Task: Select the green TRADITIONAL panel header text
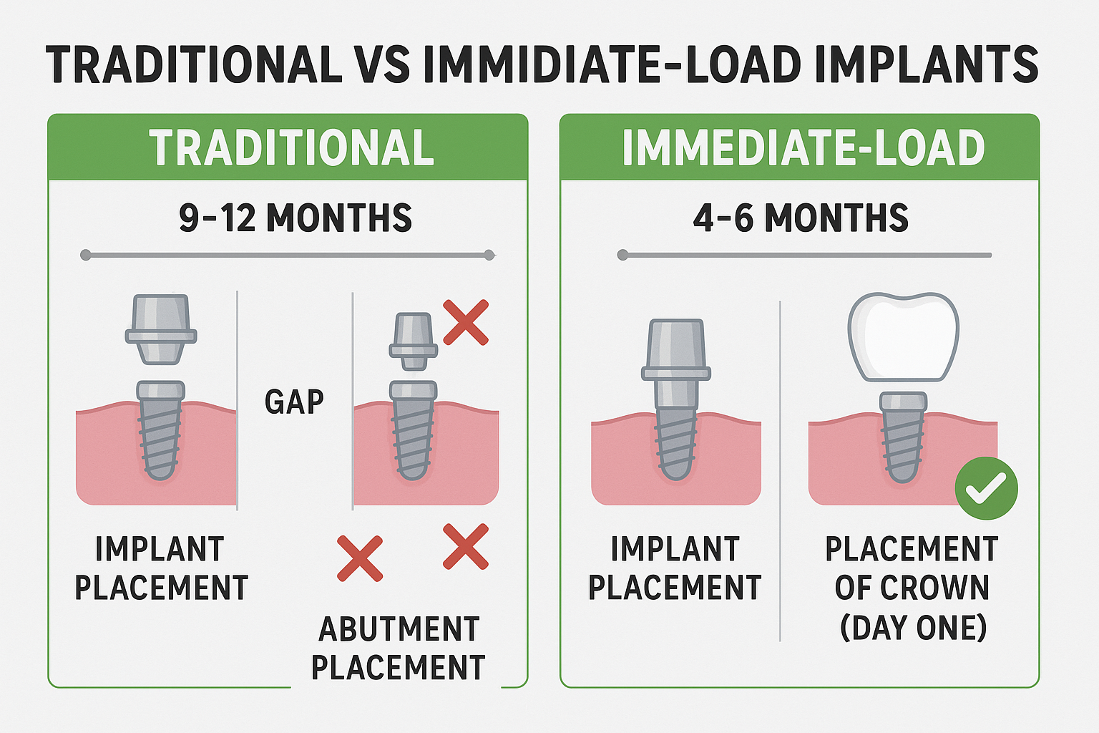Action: pyautogui.click(x=291, y=148)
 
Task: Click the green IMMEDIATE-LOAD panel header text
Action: pyautogui.click(x=803, y=148)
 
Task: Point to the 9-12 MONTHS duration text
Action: pyautogui.click(x=295, y=218)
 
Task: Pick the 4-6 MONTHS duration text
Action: pyautogui.click(x=800, y=218)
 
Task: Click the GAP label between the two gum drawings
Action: pyautogui.click(x=294, y=402)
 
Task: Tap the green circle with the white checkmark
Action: pyautogui.click(x=986, y=488)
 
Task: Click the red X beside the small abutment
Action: pyautogui.click(x=466, y=322)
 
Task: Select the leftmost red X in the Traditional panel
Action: pyautogui.click(x=359, y=558)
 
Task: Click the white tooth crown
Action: pyautogui.click(x=903, y=336)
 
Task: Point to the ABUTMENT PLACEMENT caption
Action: pyautogui.click(x=399, y=649)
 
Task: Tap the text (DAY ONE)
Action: pyautogui.click(x=913, y=627)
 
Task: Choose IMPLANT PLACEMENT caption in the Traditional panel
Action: pyautogui.click(x=161, y=568)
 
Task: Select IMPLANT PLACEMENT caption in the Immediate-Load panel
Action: pyautogui.click(x=674, y=568)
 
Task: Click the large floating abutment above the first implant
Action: pyautogui.click(x=161, y=329)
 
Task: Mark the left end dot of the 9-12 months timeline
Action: pyautogui.click(x=86, y=255)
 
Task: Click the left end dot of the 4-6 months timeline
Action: pyautogui.click(x=622, y=255)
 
